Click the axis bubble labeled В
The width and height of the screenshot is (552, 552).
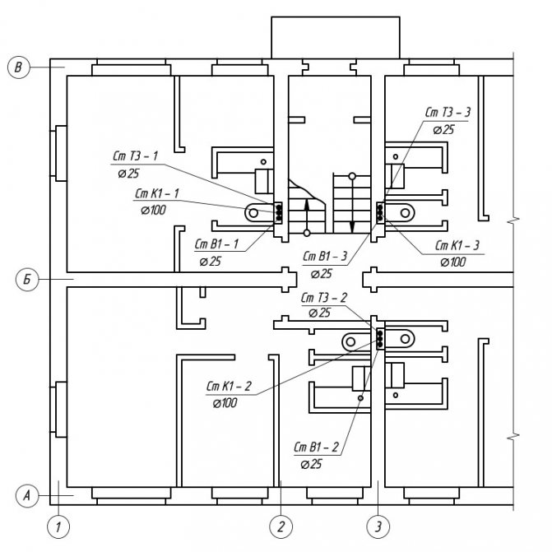(x=18, y=67)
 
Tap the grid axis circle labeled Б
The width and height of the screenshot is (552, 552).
(x=27, y=280)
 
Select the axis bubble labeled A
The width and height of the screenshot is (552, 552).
(x=27, y=496)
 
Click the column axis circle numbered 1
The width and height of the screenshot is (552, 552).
(x=58, y=526)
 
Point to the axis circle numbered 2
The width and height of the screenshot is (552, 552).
(x=281, y=526)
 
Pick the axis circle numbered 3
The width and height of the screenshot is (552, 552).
(x=378, y=526)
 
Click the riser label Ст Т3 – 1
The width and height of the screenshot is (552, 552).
(x=136, y=156)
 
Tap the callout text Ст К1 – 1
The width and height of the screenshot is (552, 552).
(x=157, y=193)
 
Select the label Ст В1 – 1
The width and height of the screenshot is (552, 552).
(x=216, y=244)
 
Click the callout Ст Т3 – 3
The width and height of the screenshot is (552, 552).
(x=448, y=113)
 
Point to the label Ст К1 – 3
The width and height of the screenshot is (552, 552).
(x=457, y=245)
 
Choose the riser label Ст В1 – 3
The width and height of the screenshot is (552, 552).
(x=325, y=256)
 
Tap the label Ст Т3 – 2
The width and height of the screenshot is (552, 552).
(x=323, y=298)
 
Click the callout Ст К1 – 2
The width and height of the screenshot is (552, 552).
(x=229, y=386)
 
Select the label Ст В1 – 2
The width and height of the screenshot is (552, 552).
(x=316, y=447)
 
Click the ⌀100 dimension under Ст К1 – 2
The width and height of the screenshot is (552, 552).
(x=225, y=403)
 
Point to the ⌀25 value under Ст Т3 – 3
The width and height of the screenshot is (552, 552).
(x=443, y=130)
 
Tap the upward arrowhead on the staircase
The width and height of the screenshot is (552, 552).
(x=307, y=202)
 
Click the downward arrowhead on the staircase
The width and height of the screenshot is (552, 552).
(x=352, y=227)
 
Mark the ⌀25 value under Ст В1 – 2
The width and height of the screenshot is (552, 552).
(x=311, y=464)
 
